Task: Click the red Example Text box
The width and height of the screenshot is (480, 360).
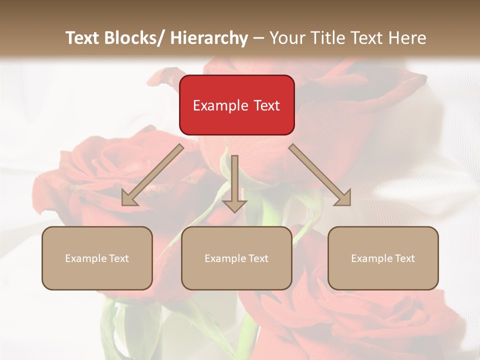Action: pyautogui.click(x=236, y=105)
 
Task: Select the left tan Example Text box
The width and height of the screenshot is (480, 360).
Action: pyautogui.click(x=97, y=258)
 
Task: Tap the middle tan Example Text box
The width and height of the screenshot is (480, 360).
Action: pyautogui.click(x=236, y=258)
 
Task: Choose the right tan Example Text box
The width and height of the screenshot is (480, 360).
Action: pyautogui.click(x=383, y=258)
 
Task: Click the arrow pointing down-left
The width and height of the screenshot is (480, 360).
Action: pyautogui.click(x=152, y=175)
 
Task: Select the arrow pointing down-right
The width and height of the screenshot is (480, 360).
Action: pyautogui.click(x=320, y=175)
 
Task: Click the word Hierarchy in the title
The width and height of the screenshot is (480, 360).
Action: pyautogui.click(x=209, y=38)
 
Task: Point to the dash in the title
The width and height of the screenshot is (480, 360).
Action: pyautogui.click(x=258, y=38)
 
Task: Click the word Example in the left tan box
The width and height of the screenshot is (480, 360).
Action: pyautogui.click(x=85, y=258)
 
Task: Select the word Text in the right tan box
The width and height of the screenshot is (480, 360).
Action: pyautogui.click(x=405, y=258)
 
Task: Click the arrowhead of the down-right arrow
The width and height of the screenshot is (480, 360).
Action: pyautogui.click(x=344, y=198)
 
